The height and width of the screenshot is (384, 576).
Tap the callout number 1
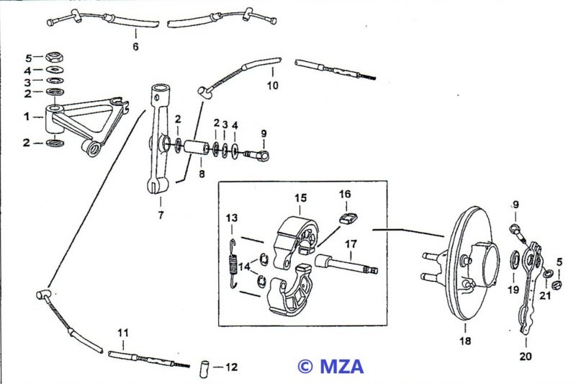pos(27,115)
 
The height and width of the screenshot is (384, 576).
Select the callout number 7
pos(161,215)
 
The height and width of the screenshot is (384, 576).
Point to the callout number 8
pos(202,174)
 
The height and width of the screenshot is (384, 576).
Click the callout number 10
pos(271,85)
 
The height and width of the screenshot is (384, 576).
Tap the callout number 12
pos(230,367)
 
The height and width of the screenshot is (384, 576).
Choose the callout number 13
pos(231,218)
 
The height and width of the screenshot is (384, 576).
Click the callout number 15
pos(300,197)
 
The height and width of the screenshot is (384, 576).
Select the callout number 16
pos(345,194)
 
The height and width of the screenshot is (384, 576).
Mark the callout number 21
pos(545,295)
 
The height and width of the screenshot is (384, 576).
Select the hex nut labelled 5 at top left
pos(51,57)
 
